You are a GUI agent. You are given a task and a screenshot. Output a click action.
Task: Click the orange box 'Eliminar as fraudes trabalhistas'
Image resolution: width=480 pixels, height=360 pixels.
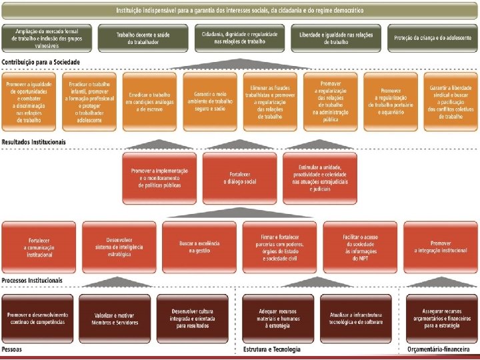coord(270,101)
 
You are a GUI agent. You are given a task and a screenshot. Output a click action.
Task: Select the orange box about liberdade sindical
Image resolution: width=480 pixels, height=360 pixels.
coord(450,101)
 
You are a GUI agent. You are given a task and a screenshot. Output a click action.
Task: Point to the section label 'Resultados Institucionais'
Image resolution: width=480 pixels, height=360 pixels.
coord(34,142)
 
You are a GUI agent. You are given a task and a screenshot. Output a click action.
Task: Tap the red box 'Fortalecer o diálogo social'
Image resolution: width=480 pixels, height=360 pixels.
coord(240,177)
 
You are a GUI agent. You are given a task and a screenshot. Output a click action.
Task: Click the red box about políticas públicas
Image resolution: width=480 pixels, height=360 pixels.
coord(160,177)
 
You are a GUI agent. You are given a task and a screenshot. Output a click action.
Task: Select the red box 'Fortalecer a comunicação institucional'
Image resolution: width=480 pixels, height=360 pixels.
coord(39,247)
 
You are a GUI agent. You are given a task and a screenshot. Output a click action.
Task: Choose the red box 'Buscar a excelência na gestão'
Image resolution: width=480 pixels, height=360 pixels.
coord(199,247)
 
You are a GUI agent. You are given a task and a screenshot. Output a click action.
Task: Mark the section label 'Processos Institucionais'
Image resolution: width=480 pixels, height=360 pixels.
coord(33,281)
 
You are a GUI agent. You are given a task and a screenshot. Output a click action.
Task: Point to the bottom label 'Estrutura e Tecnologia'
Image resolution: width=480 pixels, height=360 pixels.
coord(272,350)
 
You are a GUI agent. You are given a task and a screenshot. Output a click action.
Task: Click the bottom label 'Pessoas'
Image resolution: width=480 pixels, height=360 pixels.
coord(12,350)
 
